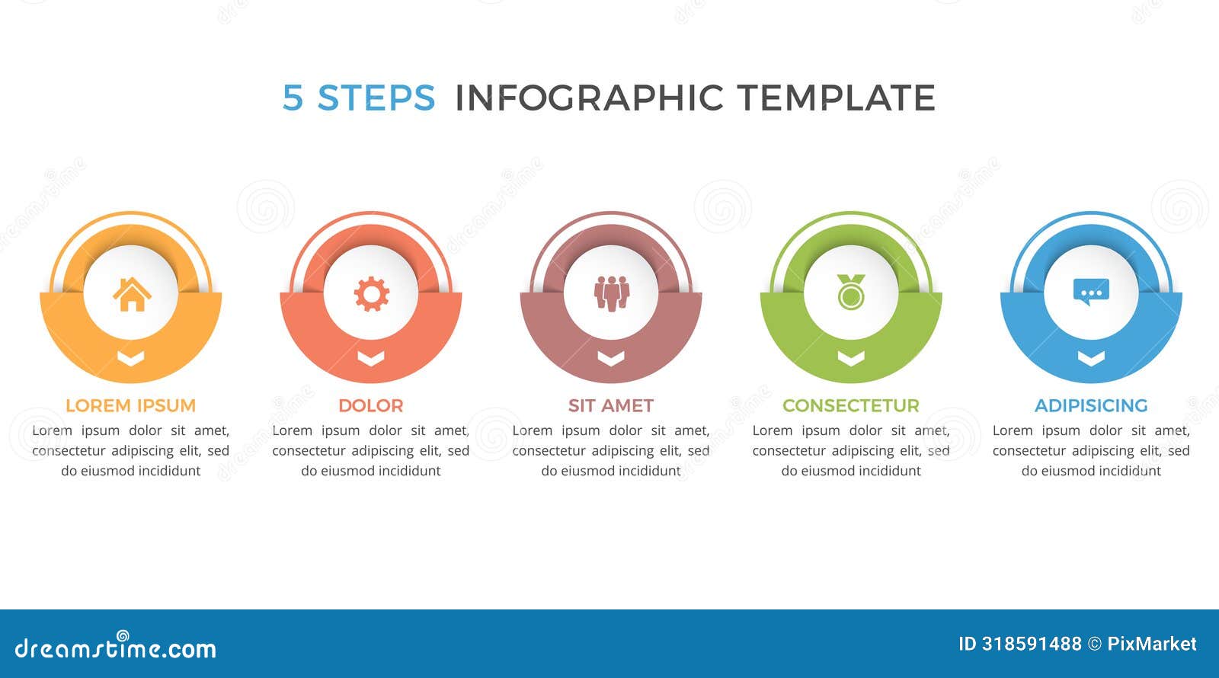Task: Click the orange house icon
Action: (x=131, y=294)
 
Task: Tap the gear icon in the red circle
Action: (x=371, y=294)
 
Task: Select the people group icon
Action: (x=611, y=293)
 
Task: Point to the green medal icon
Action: (x=851, y=293)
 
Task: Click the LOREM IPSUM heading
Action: (x=130, y=405)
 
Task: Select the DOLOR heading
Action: (x=371, y=405)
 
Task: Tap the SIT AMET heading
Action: (x=611, y=405)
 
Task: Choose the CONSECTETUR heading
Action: (x=851, y=405)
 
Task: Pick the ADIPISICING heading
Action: (x=1091, y=405)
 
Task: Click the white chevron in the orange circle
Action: (x=131, y=358)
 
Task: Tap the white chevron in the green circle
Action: (x=851, y=358)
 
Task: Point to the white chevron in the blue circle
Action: (x=1091, y=358)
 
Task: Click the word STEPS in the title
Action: (x=376, y=98)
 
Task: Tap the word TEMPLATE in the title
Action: (x=836, y=98)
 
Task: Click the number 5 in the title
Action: (x=293, y=98)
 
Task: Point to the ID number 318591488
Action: (x=1032, y=644)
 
